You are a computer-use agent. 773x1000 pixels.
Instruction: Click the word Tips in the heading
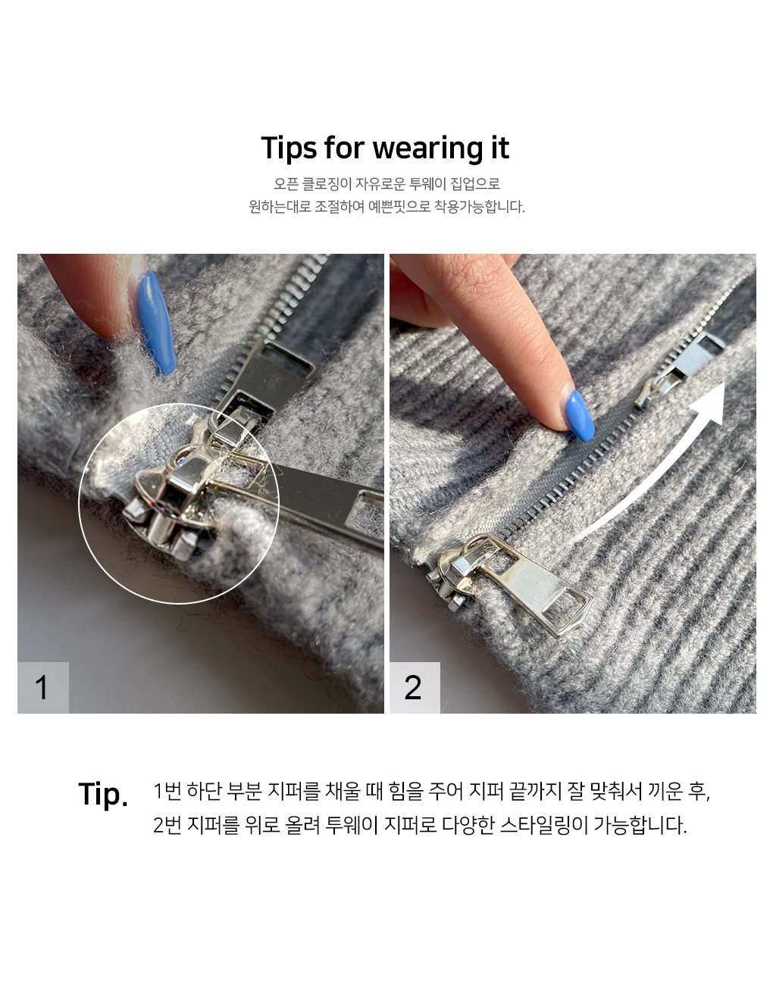289,148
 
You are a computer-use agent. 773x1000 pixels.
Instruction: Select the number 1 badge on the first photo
42,688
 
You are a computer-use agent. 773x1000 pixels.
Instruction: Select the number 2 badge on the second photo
415,688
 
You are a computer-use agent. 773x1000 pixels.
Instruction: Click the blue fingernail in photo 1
157,322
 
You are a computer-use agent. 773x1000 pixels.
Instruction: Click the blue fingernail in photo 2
581,416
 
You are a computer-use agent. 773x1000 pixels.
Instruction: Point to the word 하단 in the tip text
205,791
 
